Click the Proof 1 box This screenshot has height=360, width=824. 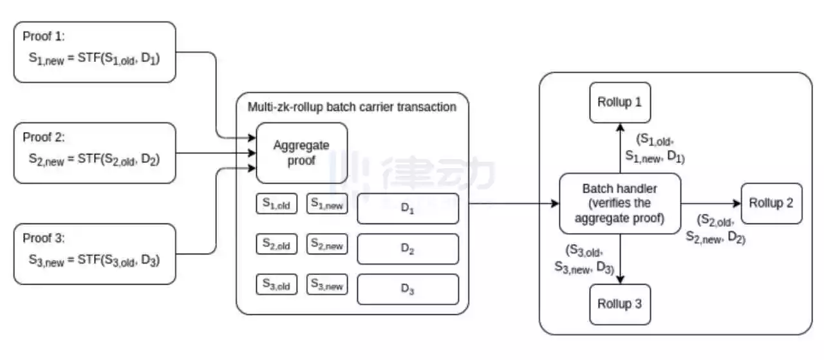click(95, 52)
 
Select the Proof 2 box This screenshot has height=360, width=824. click(95, 153)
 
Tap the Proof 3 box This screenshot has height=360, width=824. click(95, 254)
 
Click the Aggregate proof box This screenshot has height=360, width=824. click(302, 153)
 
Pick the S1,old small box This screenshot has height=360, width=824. click(277, 204)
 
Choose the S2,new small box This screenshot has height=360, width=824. click(327, 244)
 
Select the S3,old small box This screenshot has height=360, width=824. click(277, 285)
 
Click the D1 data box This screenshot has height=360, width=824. click(407, 209)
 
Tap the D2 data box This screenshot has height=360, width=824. click(407, 249)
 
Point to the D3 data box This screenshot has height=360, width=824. click(407, 289)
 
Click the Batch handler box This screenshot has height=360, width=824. click(620, 204)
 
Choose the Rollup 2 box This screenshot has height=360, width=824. click(771, 204)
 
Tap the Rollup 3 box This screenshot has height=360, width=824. click(620, 303)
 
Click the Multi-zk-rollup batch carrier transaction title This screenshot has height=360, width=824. click(352, 107)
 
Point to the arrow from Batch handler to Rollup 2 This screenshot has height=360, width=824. click(711, 204)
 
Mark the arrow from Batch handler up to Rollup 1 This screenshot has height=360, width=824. click(620, 147)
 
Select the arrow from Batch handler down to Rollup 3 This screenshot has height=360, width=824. click(620, 258)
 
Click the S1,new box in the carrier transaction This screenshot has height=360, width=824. click(327, 204)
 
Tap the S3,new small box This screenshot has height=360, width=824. click(327, 285)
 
